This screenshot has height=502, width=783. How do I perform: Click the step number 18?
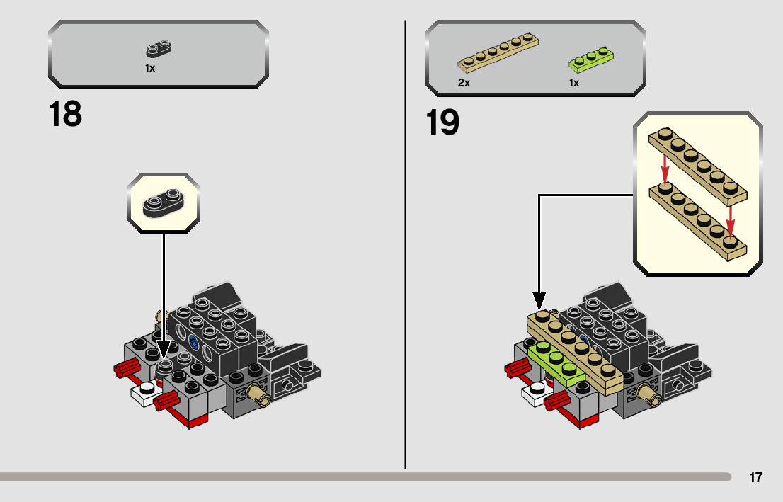click(65, 114)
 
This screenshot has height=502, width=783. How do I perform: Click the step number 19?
click(442, 122)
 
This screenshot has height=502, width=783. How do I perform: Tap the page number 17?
click(756, 477)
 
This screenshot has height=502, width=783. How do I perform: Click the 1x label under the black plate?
click(150, 68)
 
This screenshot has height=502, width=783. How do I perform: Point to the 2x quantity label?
click(464, 83)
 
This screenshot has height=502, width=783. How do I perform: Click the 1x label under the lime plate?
click(574, 83)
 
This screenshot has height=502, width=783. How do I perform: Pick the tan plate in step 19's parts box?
click(498, 54)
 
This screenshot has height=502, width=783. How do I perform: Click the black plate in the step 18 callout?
click(164, 203)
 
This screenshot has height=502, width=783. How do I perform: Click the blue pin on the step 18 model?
click(193, 343)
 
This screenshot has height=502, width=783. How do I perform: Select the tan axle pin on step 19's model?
click(649, 394)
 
